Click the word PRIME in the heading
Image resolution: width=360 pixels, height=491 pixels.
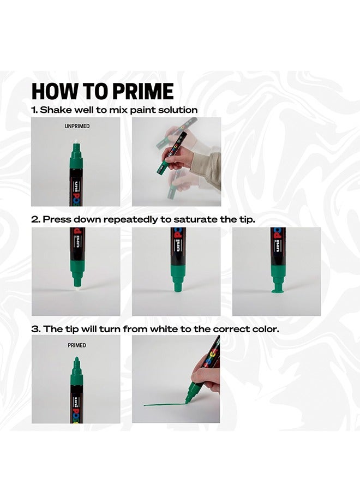(142, 91)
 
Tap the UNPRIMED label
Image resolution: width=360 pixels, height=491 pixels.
(77, 126)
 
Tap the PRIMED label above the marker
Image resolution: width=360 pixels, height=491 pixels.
(77, 345)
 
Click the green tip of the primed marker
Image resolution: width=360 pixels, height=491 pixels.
(76, 360)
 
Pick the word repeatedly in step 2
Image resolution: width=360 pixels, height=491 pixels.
(130, 219)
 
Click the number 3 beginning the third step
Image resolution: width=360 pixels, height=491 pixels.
(35, 330)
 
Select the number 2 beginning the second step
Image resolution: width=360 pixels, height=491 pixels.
(35, 219)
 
